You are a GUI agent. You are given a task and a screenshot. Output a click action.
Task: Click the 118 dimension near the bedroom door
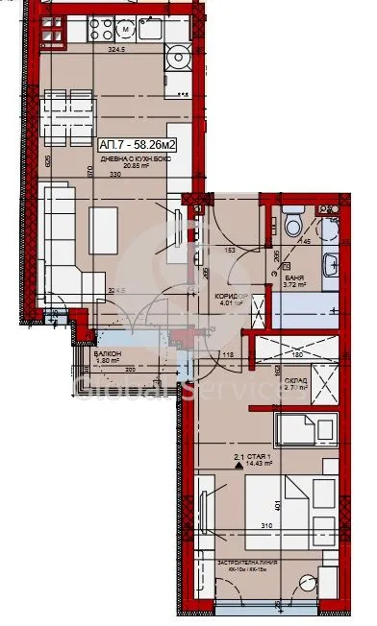point(230,356)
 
